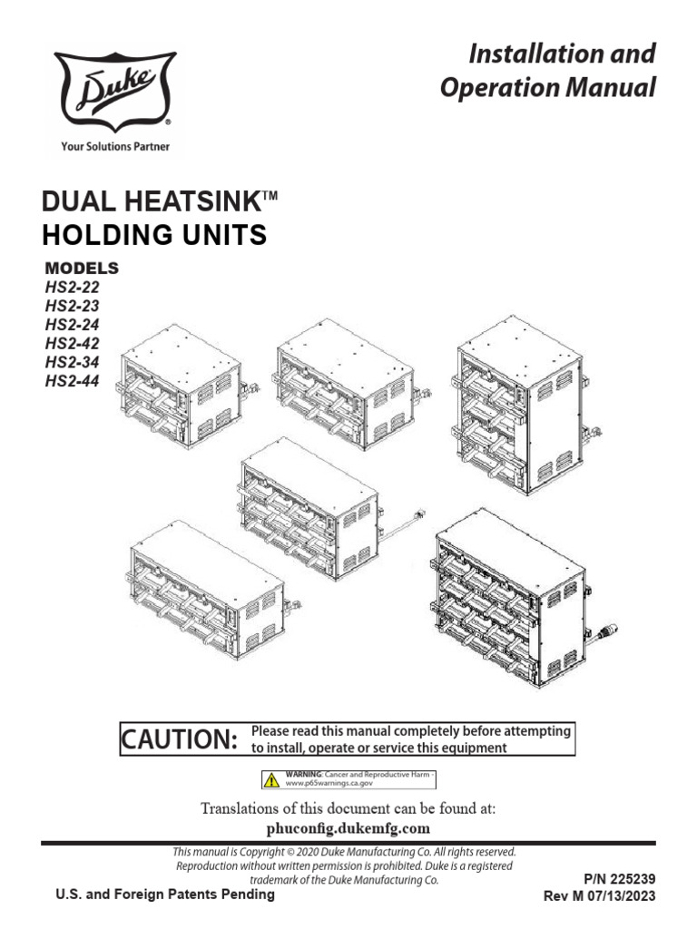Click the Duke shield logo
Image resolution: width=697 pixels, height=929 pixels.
pyautogui.click(x=114, y=91)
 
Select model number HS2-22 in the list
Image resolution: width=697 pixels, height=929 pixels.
pyautogui.click(x=72, y=286)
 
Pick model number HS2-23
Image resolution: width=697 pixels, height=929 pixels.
pyautogui.click(x=72, y=305)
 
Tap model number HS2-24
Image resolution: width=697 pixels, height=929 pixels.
pyautogui.click(x=72, y=324)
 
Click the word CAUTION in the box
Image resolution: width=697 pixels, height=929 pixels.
pyautogui.click(x=180, y=739)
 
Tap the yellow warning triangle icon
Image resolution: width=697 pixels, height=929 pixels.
pyautogui.click(x=271, y=778)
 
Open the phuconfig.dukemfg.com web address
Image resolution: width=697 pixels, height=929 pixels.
pyautogui.click(x=348, y=828)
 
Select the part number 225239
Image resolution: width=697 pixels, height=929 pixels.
pyautogui.click(x=630, y=879)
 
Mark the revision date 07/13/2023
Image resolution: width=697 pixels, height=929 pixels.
pyautogui.click(x=622, y=895)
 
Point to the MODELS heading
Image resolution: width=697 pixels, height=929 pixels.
pyautogui.click(x=82, y=268)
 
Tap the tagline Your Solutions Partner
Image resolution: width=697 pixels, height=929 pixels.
pyautogui.click(x=114, y=145)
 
